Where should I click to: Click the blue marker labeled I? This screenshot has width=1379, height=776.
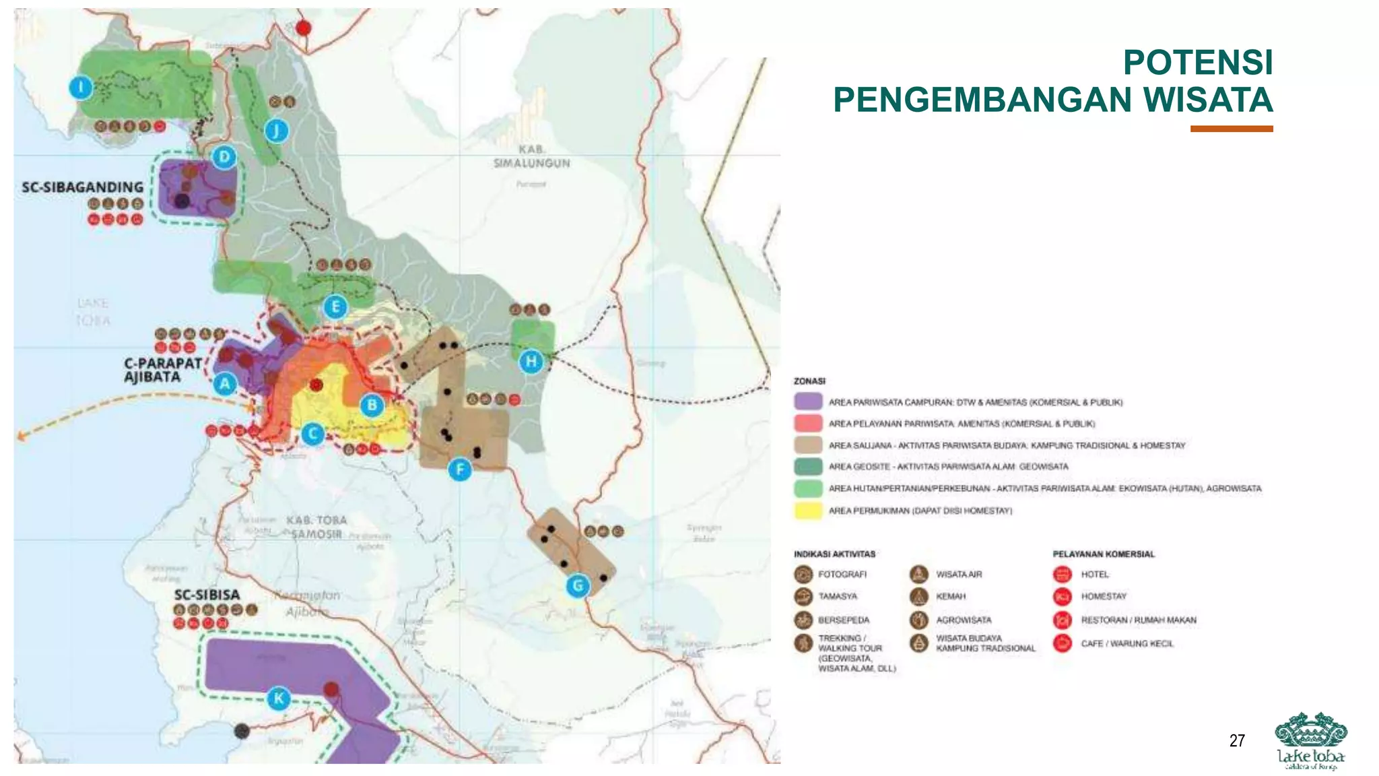click(81, 88)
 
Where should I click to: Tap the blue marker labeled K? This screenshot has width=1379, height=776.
click(279, 698)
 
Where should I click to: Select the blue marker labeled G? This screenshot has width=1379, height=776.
click(578, 586)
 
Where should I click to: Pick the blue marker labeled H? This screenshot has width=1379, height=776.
click(531, 362)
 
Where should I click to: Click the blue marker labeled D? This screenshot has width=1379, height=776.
click(224, 158)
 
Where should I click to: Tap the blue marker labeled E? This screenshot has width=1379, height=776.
click(335, 307)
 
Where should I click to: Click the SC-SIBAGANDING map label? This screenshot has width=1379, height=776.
click(83, 187)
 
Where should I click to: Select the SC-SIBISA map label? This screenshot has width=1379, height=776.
click(207, 595)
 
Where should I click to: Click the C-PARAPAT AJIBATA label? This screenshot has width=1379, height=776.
click(162, 370)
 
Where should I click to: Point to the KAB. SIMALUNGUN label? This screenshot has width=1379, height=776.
click(531, 156)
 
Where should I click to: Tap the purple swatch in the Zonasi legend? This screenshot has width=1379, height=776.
click(808, 402)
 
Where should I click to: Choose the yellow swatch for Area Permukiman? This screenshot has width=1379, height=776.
click(808, 511)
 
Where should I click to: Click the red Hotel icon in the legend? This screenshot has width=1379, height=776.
click(1062, 575)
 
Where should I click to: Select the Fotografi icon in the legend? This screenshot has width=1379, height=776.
click(803, 575)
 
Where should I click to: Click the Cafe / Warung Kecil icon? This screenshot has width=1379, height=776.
click(1062, 643)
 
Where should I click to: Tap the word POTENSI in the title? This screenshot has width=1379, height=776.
click(1197, 63)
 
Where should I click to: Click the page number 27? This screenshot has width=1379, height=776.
click(1237, 741)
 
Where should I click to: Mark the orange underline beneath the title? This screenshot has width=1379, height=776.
click(1231, 129)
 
